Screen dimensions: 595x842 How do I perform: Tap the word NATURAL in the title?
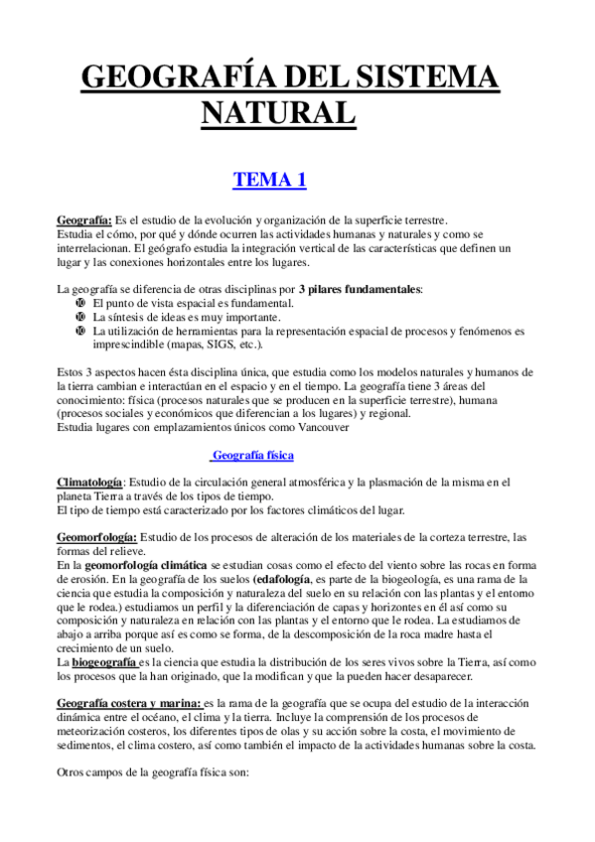279,111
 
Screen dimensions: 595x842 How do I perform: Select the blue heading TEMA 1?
269,181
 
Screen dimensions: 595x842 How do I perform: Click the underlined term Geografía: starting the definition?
83,220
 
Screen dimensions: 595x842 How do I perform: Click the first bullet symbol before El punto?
81,303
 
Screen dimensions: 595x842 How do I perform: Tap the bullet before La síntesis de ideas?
81,317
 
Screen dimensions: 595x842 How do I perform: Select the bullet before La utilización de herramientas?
81,331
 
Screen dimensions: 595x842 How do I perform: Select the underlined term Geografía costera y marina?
129,703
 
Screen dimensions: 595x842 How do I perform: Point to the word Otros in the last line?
73,772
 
